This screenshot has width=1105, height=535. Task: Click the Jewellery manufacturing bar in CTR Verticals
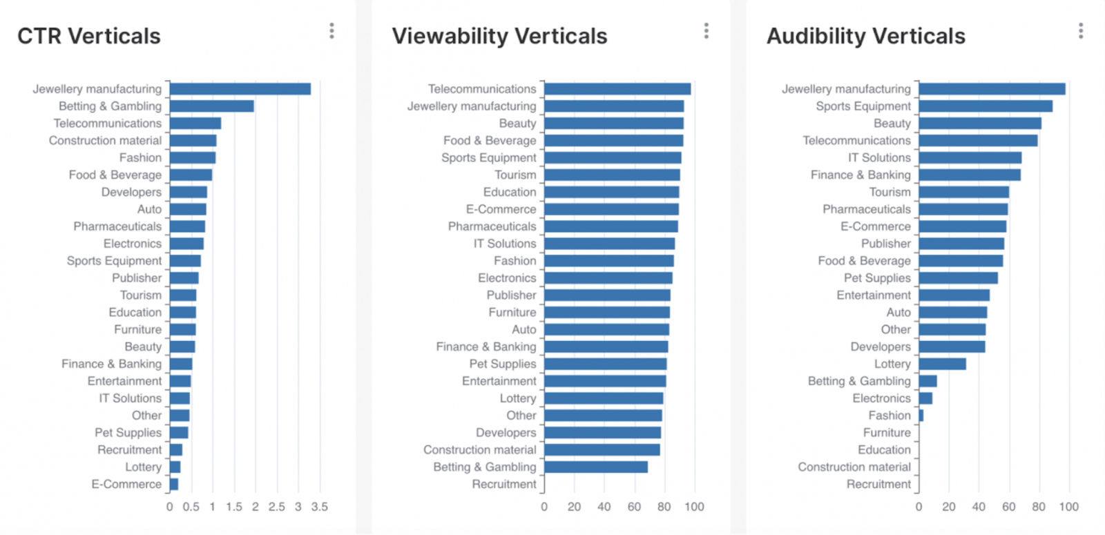tap(240, 89)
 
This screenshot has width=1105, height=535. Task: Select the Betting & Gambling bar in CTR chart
tap(211, 106)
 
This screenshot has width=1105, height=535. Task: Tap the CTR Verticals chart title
tap(89, 36)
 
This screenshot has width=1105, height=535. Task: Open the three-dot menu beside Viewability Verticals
tap(706, 31)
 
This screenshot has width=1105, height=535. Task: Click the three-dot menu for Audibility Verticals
tap(1081, 31)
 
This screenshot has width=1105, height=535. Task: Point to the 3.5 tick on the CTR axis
tap(319, 507)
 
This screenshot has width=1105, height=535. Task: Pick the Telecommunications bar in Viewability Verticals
tap(617, 89)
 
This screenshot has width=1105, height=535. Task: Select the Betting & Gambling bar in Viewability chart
tap(595, 467)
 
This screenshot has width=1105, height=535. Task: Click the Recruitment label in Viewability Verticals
tap(504, 485)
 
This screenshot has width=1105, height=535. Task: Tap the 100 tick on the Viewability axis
tap(694, 507)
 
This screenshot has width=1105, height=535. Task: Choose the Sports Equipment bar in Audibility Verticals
tap(986, 106)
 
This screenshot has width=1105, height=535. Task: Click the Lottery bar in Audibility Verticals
tap(942, 364)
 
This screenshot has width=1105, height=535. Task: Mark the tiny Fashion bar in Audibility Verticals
tap(921, 416)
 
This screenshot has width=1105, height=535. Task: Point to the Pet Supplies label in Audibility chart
tap(877, 278)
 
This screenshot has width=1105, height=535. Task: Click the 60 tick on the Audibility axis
tap(1009, 507)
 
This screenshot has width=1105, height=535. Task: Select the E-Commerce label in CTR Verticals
tap(126, 485)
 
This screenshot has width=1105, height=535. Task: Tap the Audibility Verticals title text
tap(866, 36)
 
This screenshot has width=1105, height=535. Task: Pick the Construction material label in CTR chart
tap(105, 141)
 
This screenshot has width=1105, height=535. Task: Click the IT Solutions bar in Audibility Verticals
tap(970, 158)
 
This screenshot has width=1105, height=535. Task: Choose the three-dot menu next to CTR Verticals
tap(331, 31)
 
